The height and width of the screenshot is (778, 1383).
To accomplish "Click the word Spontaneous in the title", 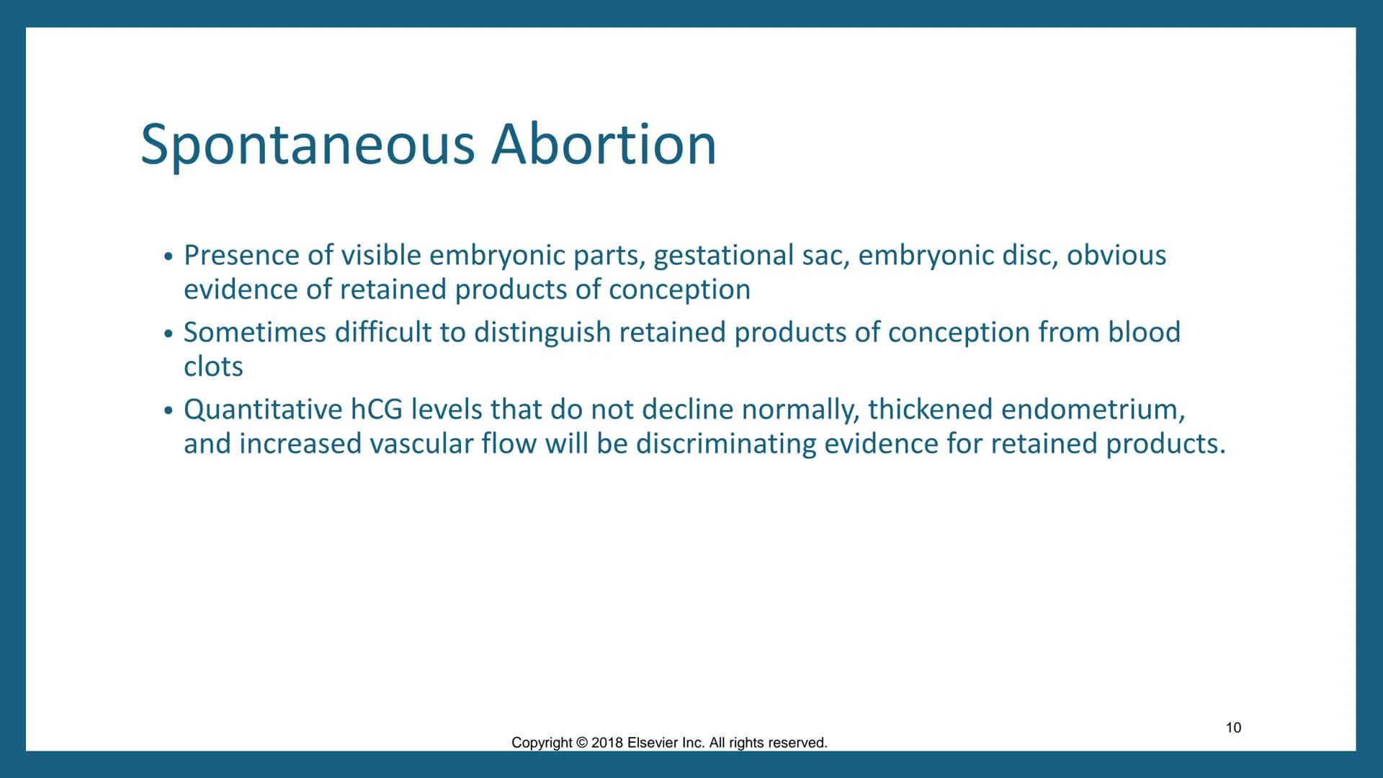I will click(308, 146).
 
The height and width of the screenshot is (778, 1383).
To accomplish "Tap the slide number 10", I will click(1233, 728).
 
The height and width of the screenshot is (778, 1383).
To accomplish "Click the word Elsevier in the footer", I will click(653, 743).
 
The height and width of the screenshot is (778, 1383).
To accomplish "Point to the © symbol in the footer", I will click(582, 743).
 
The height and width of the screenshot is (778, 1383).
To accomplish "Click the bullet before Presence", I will click(168, 257).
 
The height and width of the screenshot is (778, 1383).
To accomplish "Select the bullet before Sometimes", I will click(168, 334).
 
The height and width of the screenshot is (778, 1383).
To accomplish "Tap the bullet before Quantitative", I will click(168, 411).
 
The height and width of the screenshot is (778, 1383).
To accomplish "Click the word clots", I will click(213, 367).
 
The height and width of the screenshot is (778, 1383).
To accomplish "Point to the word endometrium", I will click(1091, 409).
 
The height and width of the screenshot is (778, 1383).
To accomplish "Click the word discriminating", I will click(725, 444).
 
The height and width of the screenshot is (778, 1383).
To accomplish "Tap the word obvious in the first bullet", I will click(1116, 255).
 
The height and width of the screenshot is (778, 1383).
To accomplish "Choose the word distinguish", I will click(542, 333).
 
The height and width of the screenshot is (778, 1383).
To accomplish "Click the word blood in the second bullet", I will click(1144, 332).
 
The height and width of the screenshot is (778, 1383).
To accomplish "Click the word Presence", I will click(241, 255).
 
